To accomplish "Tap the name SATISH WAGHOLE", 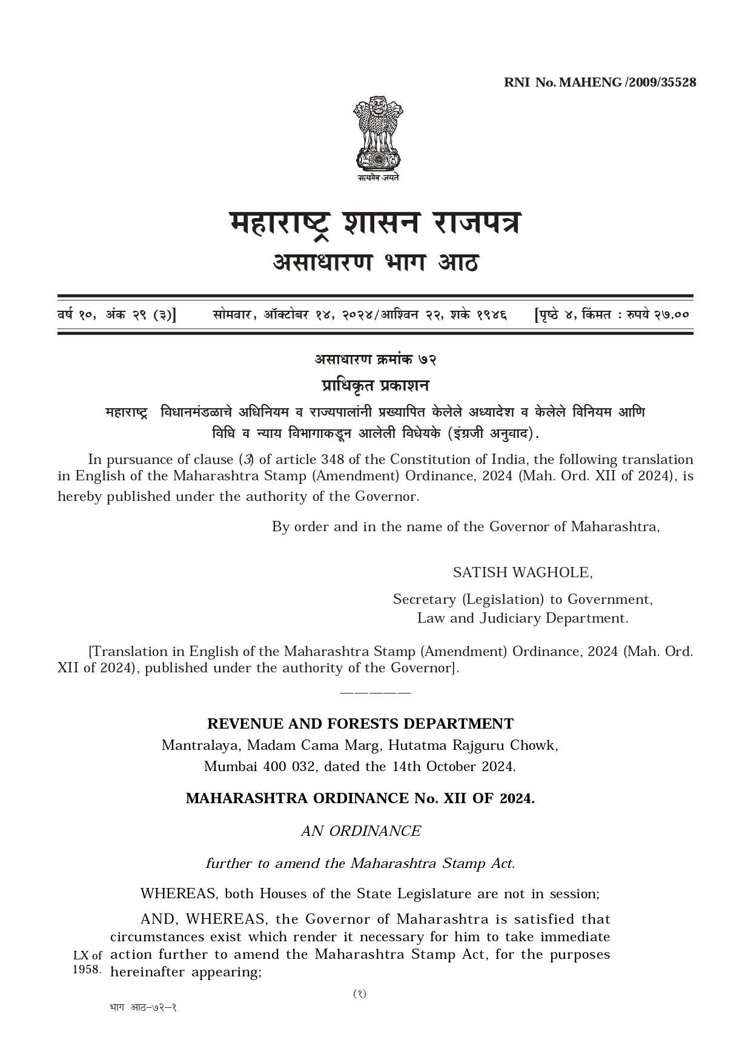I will (523, 572).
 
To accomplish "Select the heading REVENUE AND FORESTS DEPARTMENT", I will (360, 724).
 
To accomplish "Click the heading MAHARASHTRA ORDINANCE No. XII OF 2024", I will (360, 798).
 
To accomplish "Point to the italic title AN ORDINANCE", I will (361, 831).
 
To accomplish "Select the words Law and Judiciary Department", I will (523, 618).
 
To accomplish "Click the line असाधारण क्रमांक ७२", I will (375, 359).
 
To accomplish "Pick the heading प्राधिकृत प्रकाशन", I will (375, 386).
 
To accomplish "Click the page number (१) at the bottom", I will (360, 994).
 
